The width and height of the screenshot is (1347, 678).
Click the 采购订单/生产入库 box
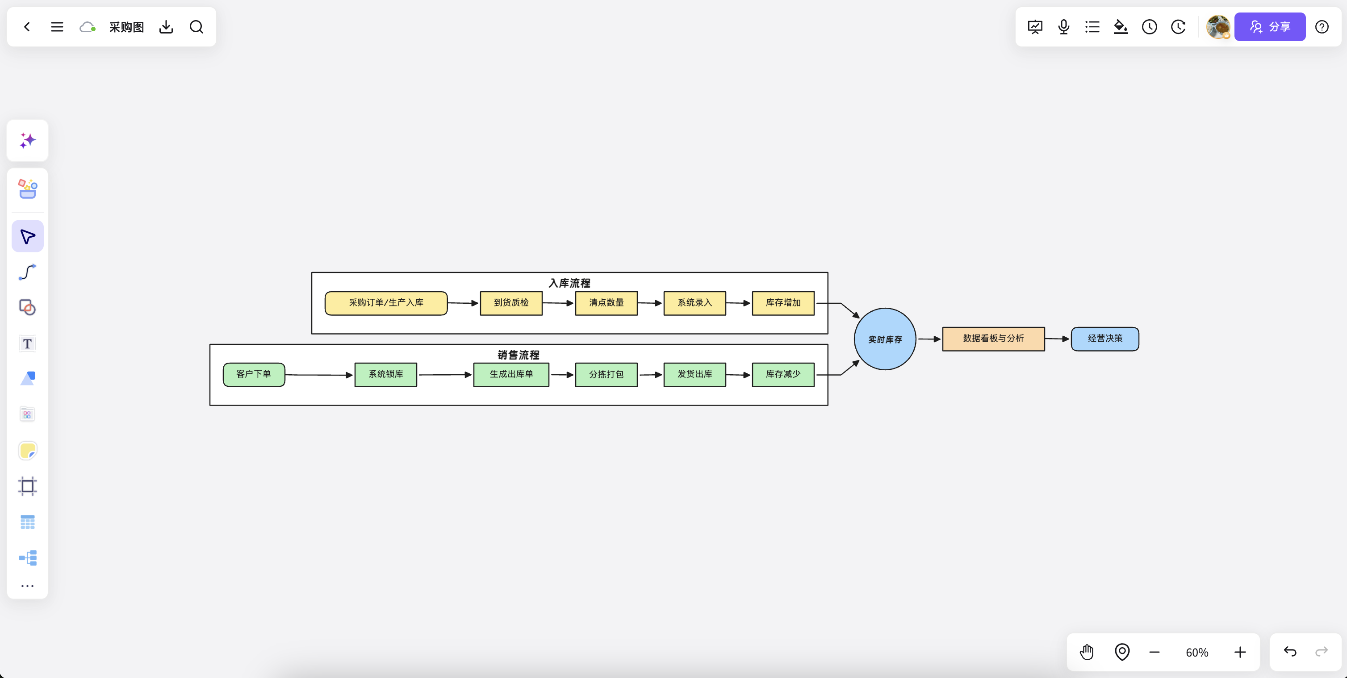click(x=386, y=303)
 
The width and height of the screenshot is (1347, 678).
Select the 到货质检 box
click(x=511, y=303)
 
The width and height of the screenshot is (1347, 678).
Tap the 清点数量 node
click(x=606, y=303)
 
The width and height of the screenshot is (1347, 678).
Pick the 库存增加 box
click(x=783, y=303)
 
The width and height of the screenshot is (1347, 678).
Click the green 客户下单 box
click(x=254, y=374)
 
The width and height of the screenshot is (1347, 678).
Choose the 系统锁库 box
click(x=385, y=374)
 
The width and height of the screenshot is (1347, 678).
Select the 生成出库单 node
click(x=511, y=374)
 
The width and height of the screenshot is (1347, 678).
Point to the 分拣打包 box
click(x=606, y=374)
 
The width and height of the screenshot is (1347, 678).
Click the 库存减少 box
click(x=783, y=374)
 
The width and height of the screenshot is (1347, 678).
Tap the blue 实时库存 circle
click(x=885, y=339)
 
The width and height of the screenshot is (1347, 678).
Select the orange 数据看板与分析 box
click(x=993, y=339)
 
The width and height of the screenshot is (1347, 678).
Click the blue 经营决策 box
click(x=1105, y=339)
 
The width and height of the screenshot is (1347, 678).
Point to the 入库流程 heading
click(x=569, y=283)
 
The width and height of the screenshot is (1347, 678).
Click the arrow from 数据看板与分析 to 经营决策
click(x=1057, y=339)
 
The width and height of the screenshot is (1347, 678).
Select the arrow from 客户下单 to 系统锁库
click(x=319, y=375)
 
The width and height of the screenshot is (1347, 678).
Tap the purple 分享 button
click(x=1270, y=27)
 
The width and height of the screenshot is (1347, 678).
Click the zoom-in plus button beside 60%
click(x=1240, y=652)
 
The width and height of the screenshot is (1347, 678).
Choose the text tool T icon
click(x=27, y=343)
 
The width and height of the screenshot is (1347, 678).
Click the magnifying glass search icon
click(x=196, y=27)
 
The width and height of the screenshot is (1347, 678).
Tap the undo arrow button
click(x=1290, y=651)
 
